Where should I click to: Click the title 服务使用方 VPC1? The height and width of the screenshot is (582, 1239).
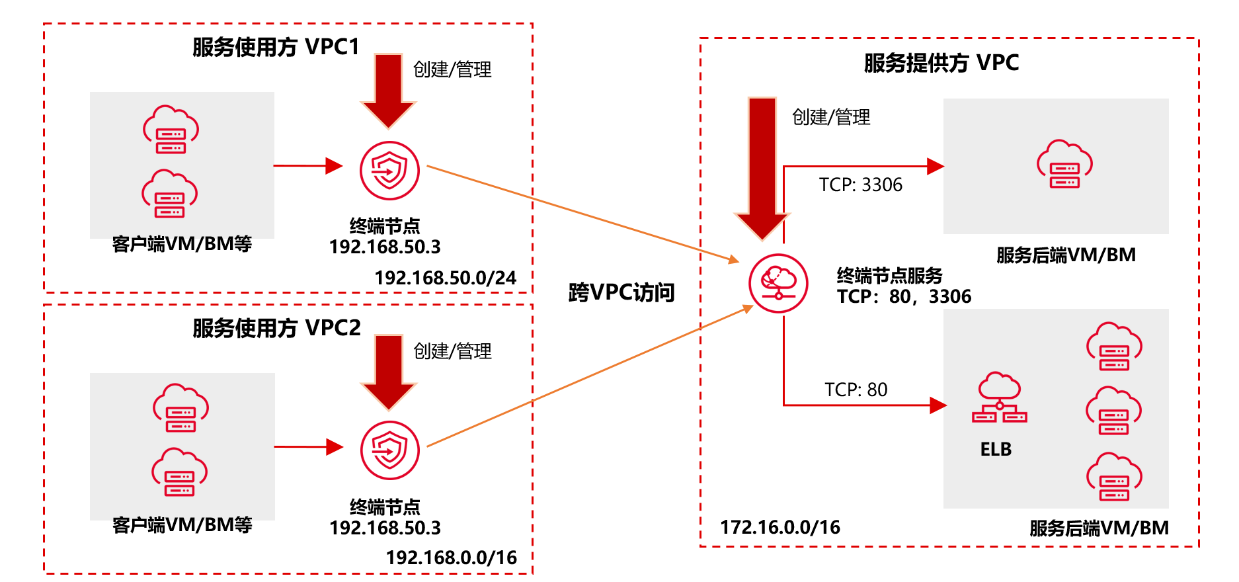tap(276, 47)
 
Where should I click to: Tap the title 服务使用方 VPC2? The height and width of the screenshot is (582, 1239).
tap(276, 328)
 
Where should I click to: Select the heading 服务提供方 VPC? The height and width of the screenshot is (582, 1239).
tap(941, 63)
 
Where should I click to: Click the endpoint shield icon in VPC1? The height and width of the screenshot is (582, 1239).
tap(389, 171)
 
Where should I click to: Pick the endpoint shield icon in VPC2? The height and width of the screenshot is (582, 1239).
tap(389, 450)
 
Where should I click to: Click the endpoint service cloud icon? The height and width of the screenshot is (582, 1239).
tap(778, 283)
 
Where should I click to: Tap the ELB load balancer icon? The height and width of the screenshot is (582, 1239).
tap(999, 398)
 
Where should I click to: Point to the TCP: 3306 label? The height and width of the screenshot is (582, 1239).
tap(860, 185)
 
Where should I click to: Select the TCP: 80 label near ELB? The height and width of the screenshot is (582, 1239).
tap(856, 390)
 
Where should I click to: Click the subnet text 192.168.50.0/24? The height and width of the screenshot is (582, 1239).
tap(445, 278)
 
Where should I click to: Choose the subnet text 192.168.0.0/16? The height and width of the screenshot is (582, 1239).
tap(451, 558)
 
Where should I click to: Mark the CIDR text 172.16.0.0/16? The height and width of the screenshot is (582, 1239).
tap(779, 527)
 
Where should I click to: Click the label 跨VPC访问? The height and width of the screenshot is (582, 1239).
tap(621, 292)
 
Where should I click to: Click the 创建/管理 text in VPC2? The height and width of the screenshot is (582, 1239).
tap(452, 351)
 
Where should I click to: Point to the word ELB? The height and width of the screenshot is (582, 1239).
tap(996, 450)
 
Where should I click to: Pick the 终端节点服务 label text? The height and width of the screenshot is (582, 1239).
tap(889, 275)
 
